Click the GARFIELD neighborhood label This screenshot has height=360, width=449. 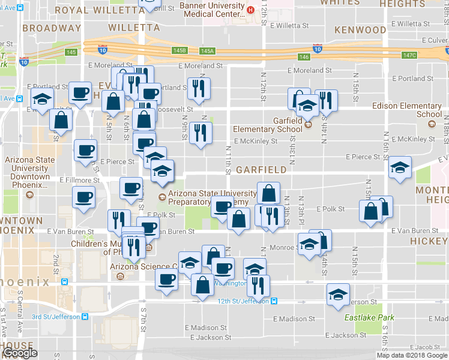pos(260,170)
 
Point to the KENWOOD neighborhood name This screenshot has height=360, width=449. pos(360,29)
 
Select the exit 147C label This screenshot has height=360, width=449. pos(409,55)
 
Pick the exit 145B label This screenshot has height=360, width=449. pos(179,51)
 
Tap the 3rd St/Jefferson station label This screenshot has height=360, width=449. pos(56,316)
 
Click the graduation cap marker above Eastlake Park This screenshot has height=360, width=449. pos(339,293)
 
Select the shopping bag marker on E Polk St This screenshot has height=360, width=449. pos(238,218)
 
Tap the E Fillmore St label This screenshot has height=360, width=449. pos(79,179)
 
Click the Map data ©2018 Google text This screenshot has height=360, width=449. pos(412,355)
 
